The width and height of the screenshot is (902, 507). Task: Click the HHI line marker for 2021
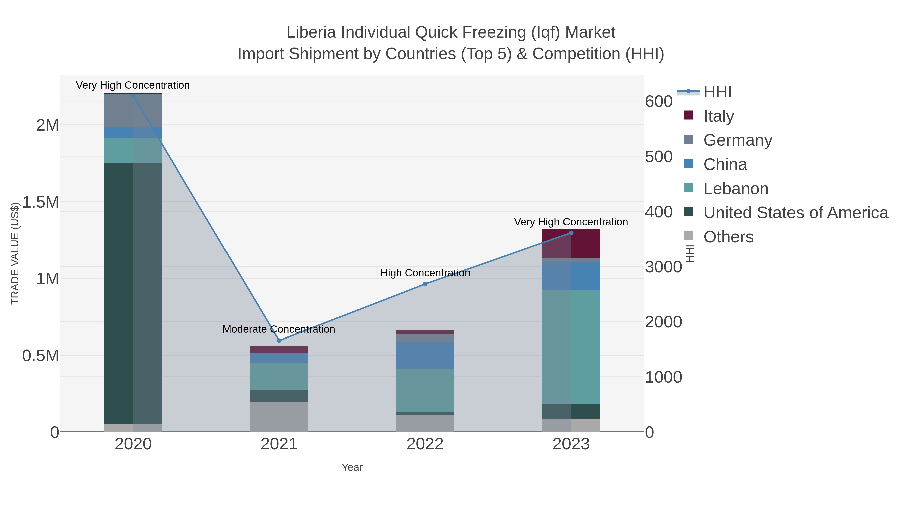(279, 341)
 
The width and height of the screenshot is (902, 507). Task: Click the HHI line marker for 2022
(425, 284)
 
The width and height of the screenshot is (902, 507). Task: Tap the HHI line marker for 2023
(571, 233)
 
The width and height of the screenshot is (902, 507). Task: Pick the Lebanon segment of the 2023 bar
(571, 347)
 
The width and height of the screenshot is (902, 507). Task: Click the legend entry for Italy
(719, 116)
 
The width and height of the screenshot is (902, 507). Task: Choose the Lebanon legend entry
(736, 189)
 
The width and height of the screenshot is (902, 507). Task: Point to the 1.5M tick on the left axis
(41, 202)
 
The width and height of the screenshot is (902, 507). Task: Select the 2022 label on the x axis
(425, 444)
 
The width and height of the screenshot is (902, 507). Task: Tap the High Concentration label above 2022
(425, 273)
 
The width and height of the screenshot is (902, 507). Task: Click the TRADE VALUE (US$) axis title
(15, 253)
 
